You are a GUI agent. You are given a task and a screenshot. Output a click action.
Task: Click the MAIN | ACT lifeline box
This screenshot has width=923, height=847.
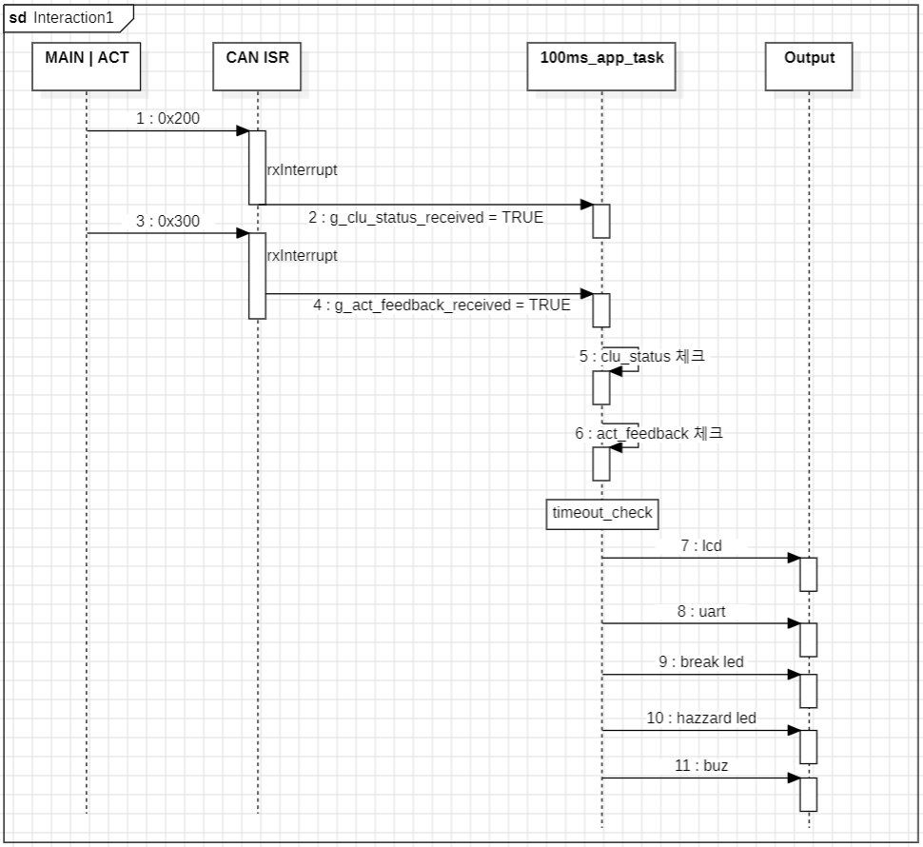click(87, 66)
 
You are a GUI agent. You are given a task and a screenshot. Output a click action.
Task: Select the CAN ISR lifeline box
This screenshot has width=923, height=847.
click(257, 66)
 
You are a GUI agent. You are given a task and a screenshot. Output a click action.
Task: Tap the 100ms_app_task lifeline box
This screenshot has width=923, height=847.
click(600, 66)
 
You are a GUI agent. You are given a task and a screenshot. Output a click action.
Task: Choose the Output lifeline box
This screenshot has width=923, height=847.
click(809, 66)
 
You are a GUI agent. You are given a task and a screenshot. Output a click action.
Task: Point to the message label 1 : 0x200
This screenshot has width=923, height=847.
click(167, 118)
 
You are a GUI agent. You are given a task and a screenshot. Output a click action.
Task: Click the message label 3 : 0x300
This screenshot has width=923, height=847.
click(167, 221)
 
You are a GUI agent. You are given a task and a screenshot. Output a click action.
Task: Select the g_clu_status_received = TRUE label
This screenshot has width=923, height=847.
click(425, 217)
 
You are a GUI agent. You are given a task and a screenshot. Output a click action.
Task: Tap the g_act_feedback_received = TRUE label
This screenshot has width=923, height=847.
click(442, 305)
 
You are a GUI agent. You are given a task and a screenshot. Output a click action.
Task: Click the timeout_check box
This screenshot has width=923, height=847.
click(602, 513)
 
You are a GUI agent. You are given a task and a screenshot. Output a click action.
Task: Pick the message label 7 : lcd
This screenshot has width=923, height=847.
click(700, 546)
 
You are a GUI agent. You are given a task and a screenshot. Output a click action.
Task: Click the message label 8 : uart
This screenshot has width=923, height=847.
click(700, 612)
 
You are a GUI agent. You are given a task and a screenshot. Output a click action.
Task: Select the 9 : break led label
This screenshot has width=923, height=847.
click(700, 662)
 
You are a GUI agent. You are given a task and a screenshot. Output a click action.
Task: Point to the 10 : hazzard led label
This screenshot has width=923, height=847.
click(700, 718)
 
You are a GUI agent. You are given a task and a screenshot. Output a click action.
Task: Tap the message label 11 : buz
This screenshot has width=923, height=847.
click(700, 765)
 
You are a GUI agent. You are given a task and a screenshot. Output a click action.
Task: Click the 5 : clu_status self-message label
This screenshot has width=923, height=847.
click(641, 357)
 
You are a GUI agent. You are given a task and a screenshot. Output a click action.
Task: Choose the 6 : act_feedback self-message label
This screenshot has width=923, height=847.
click(648, 433)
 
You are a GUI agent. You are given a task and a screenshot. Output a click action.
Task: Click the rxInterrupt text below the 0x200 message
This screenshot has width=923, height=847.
click(302, 170)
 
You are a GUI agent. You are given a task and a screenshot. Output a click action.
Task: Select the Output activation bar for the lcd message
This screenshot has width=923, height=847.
click(808, 574)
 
